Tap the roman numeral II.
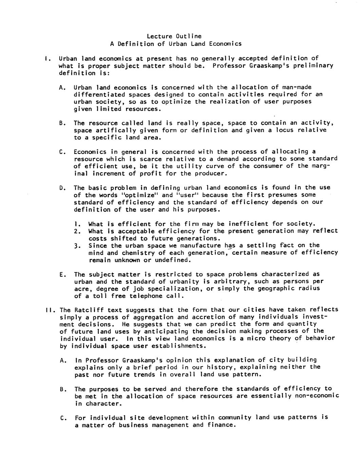click(x=49, y=310)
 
